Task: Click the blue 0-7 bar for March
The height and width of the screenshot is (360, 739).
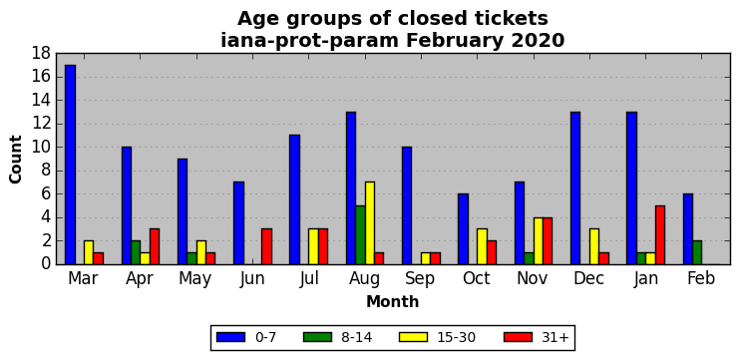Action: point(70,165)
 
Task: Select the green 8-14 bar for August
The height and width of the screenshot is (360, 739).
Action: point(361,235)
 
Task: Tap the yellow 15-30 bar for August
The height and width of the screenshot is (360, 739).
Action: point(370,223)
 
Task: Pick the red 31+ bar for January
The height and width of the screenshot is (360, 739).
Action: point(660,235)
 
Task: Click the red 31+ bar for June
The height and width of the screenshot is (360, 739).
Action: point(266,247)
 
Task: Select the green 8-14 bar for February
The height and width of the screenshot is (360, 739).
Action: point(697,252)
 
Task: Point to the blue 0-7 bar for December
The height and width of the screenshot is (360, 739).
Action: point(575,188)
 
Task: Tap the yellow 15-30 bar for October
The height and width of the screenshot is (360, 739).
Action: point(482,247)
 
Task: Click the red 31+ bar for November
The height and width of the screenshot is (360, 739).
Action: point(548,240)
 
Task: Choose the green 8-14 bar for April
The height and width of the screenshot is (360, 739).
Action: point(136,252)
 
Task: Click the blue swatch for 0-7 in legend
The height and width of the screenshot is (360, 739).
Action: point(231,337)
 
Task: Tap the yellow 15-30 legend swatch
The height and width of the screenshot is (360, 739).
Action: point(413,337)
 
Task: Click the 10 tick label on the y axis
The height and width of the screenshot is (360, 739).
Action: point(41,147)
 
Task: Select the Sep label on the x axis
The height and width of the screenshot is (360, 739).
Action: point(420,279)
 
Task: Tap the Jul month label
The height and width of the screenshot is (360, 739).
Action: point(309,279)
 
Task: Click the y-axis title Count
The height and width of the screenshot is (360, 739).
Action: point(16,160)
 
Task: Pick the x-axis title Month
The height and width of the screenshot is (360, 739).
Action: point(392,301)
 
